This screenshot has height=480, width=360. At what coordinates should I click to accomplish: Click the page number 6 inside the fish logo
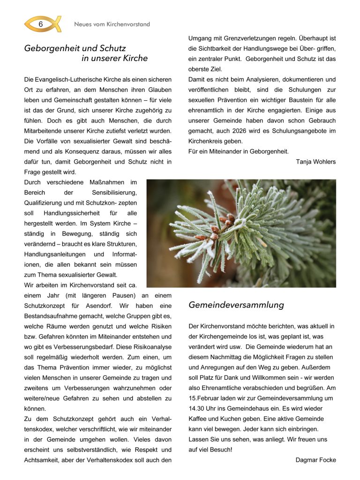coord(41,24)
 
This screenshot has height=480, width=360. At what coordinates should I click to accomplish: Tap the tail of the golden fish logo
coord(57,24)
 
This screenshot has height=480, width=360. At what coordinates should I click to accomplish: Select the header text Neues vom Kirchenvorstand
coord(112,24)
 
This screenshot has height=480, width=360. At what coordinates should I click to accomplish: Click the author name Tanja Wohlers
coord(316,162)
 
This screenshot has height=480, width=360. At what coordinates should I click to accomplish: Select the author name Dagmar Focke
coord(315,460)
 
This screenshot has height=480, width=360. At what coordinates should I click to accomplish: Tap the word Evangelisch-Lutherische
coord(68,79)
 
